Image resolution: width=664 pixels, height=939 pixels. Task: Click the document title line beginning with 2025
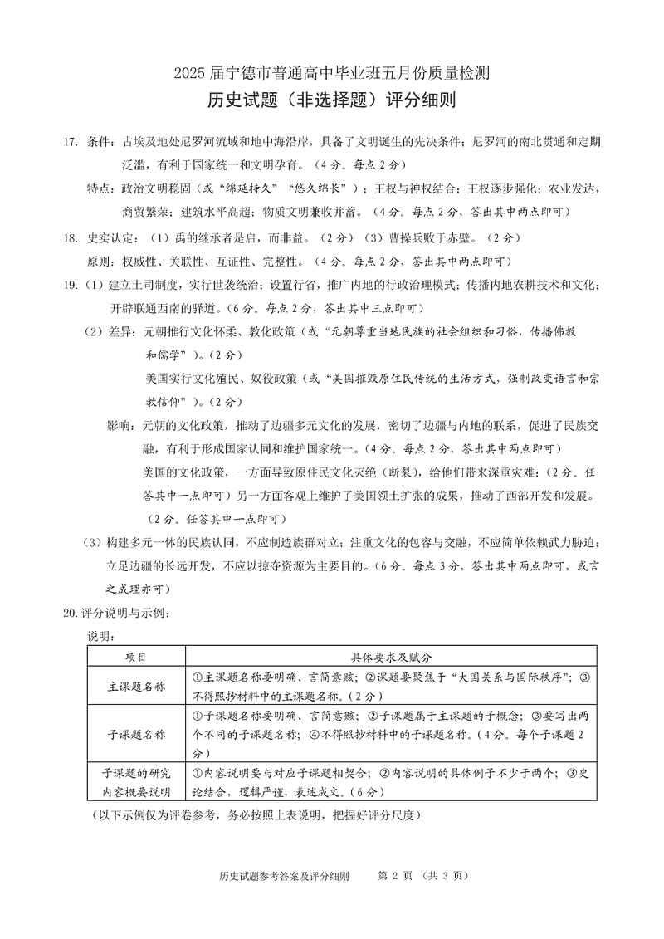click(x=331, y=73)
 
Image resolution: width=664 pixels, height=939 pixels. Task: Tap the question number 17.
click(x=71, y=142)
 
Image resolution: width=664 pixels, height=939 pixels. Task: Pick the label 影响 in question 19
click(x=121, y=426)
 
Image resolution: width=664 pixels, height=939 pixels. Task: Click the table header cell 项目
click(x=136, y=656)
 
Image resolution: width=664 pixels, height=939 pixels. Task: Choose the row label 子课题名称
click(x=136, y=734)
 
